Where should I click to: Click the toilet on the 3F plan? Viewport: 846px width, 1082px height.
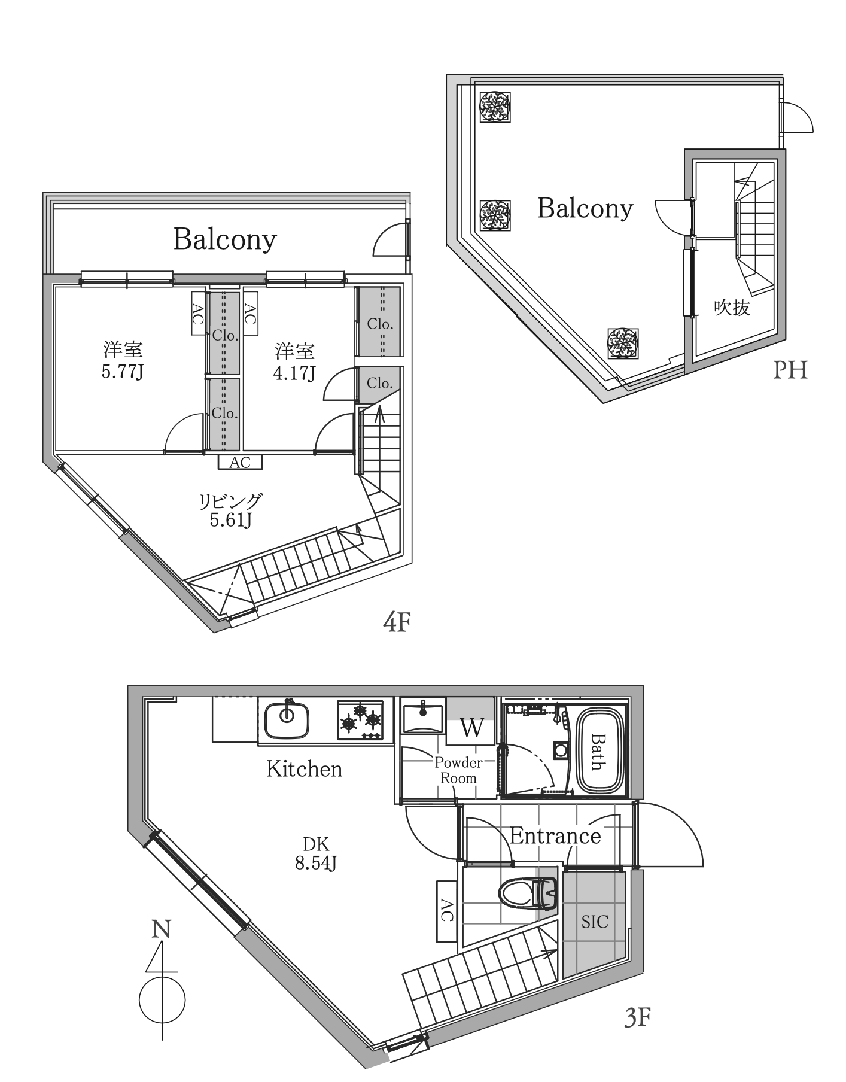click(x=528, y=894)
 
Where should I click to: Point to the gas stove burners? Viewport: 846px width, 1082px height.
click(x=360, y=720)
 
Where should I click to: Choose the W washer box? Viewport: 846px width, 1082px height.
click(x=471, y=728)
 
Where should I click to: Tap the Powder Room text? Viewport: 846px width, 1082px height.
click(x=458, y=770)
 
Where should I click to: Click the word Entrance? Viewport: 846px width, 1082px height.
click(x=555, y=836)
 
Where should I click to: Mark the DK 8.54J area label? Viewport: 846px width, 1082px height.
click(x=316, y=854)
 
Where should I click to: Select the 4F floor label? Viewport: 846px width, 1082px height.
click(x=397, y=623)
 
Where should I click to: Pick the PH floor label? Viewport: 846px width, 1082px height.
click(x=790, y=370)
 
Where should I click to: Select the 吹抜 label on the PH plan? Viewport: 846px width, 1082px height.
click(x=732, y=308)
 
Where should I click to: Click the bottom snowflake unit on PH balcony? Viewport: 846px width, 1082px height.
click(x=623, y=343)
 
